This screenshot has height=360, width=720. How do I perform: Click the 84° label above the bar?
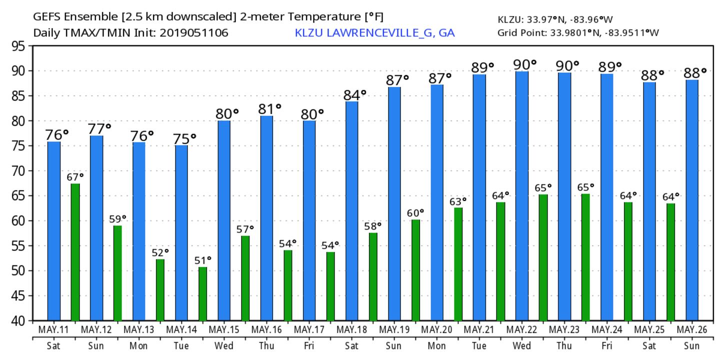tap(355, 94)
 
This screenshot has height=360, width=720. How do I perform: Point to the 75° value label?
tap(184, 138)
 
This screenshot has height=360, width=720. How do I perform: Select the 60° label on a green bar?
tap(415, 213)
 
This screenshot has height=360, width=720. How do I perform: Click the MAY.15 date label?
tap(224, 330)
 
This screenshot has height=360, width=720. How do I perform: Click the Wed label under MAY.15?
tap(224, 346)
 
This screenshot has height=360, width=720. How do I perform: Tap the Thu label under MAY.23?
tap(564, 346)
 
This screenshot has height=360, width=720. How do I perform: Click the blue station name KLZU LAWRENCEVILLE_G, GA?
tap(374, 33)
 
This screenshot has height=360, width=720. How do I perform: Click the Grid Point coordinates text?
tap(578, 33)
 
